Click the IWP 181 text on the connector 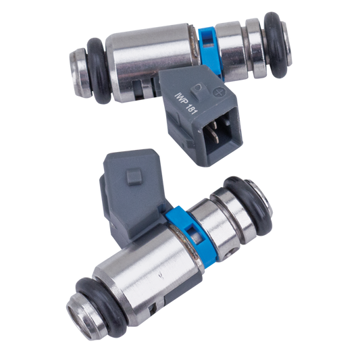(185, 103)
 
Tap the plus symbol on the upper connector (218, 93)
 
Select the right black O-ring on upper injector (275, 47)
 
